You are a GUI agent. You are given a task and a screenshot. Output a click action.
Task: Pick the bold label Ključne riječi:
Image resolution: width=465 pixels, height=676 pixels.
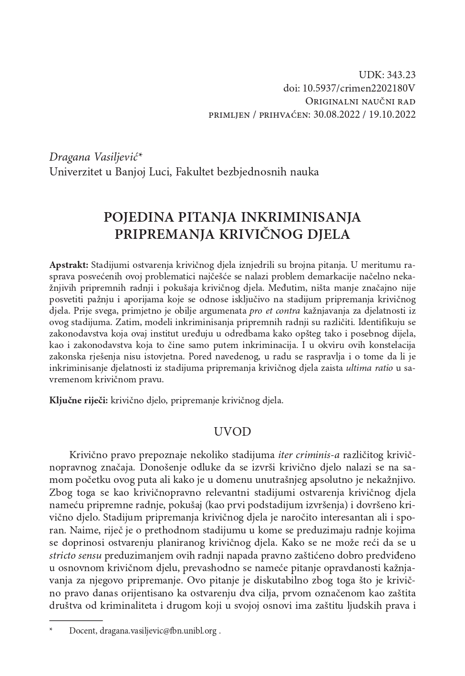(79, 400)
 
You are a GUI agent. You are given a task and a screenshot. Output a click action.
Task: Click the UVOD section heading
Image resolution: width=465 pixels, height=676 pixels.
(232, 432)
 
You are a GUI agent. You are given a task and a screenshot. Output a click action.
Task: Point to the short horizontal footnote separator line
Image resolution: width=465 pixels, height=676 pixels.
(76, 621)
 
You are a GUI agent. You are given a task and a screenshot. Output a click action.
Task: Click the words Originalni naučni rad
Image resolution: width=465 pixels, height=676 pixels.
(360, 102)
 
